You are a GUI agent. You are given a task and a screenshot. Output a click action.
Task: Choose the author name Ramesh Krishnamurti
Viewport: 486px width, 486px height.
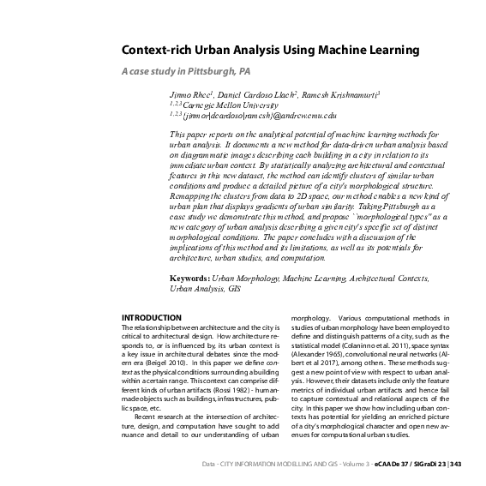tap(343, 92)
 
